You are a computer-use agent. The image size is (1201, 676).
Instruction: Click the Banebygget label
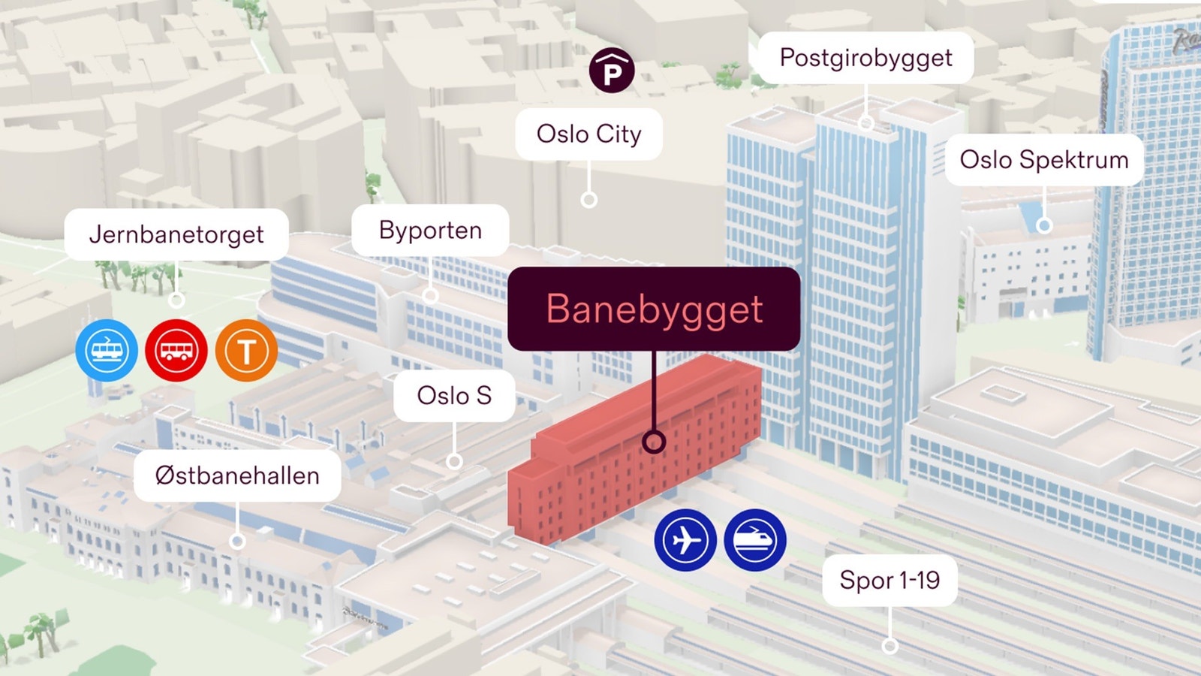pyautogui.click(x=654, y=309)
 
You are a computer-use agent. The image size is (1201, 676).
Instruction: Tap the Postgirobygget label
pyautogui.click(x=865, y=58)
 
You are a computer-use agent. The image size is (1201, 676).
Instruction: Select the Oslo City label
pyautogui.click(x=588, y=134)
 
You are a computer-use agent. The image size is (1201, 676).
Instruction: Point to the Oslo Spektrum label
pyautogui.click(x=1044, y=160)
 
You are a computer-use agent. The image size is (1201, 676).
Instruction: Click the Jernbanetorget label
pyautogui.click(x=176, y=234)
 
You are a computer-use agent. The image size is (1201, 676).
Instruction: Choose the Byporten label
pyautogui.click(x=430, y=230)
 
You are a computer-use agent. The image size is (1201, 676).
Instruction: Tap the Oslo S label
pyautogui.click(x=454, y=395)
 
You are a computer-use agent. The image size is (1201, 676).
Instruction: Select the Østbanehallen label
pyautogui.click(x=237, y=476)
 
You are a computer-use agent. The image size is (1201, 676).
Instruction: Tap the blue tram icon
pyautogui.click(x=107, y=350)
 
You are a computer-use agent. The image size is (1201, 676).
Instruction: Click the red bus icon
pyautogui.click(x=176, y=350)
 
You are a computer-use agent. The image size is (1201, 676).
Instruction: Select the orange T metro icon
pyautogui.click(x=246, y=350)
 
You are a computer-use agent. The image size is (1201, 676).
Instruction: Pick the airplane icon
pyautogui.click(x=685, y=540)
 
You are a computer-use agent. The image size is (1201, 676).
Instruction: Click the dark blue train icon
pyautogui.click(x=755, y=540)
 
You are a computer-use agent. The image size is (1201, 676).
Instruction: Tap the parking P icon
pyautogui.click(x=612, y=71)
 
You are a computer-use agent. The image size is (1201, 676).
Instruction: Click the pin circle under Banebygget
pyautogui.click(x=654, y=442)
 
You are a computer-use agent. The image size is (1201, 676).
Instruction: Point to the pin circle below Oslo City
pyautogui.click(x=588, y=200)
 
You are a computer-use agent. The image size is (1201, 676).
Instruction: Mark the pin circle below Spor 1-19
pyautogui.click(x=889, y=646)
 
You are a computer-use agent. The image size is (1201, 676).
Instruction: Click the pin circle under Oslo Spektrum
pyautogui.click(x=1044, y=225)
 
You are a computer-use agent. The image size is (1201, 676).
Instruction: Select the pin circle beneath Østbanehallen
pyautogui.click(x=237, y=542)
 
